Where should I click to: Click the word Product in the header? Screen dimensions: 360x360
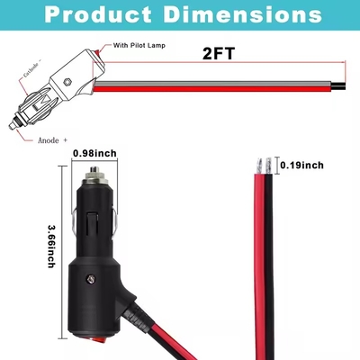pyautogui.click(x=98, y=14)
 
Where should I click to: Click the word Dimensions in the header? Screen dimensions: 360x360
pyautogui.click(x=243, y=14)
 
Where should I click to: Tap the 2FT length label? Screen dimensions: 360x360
pyautogui.click(x=219, y=53)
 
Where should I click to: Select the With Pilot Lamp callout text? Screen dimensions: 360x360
pyautogui.click(x=139, y=45)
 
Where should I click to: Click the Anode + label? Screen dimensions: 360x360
pyautogui.click(x=52, y=140)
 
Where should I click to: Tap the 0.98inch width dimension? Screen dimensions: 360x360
pyautogui.click(x=94, y=153)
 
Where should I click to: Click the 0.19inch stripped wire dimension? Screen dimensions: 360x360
pyautogui.click(x=301, y=165)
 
